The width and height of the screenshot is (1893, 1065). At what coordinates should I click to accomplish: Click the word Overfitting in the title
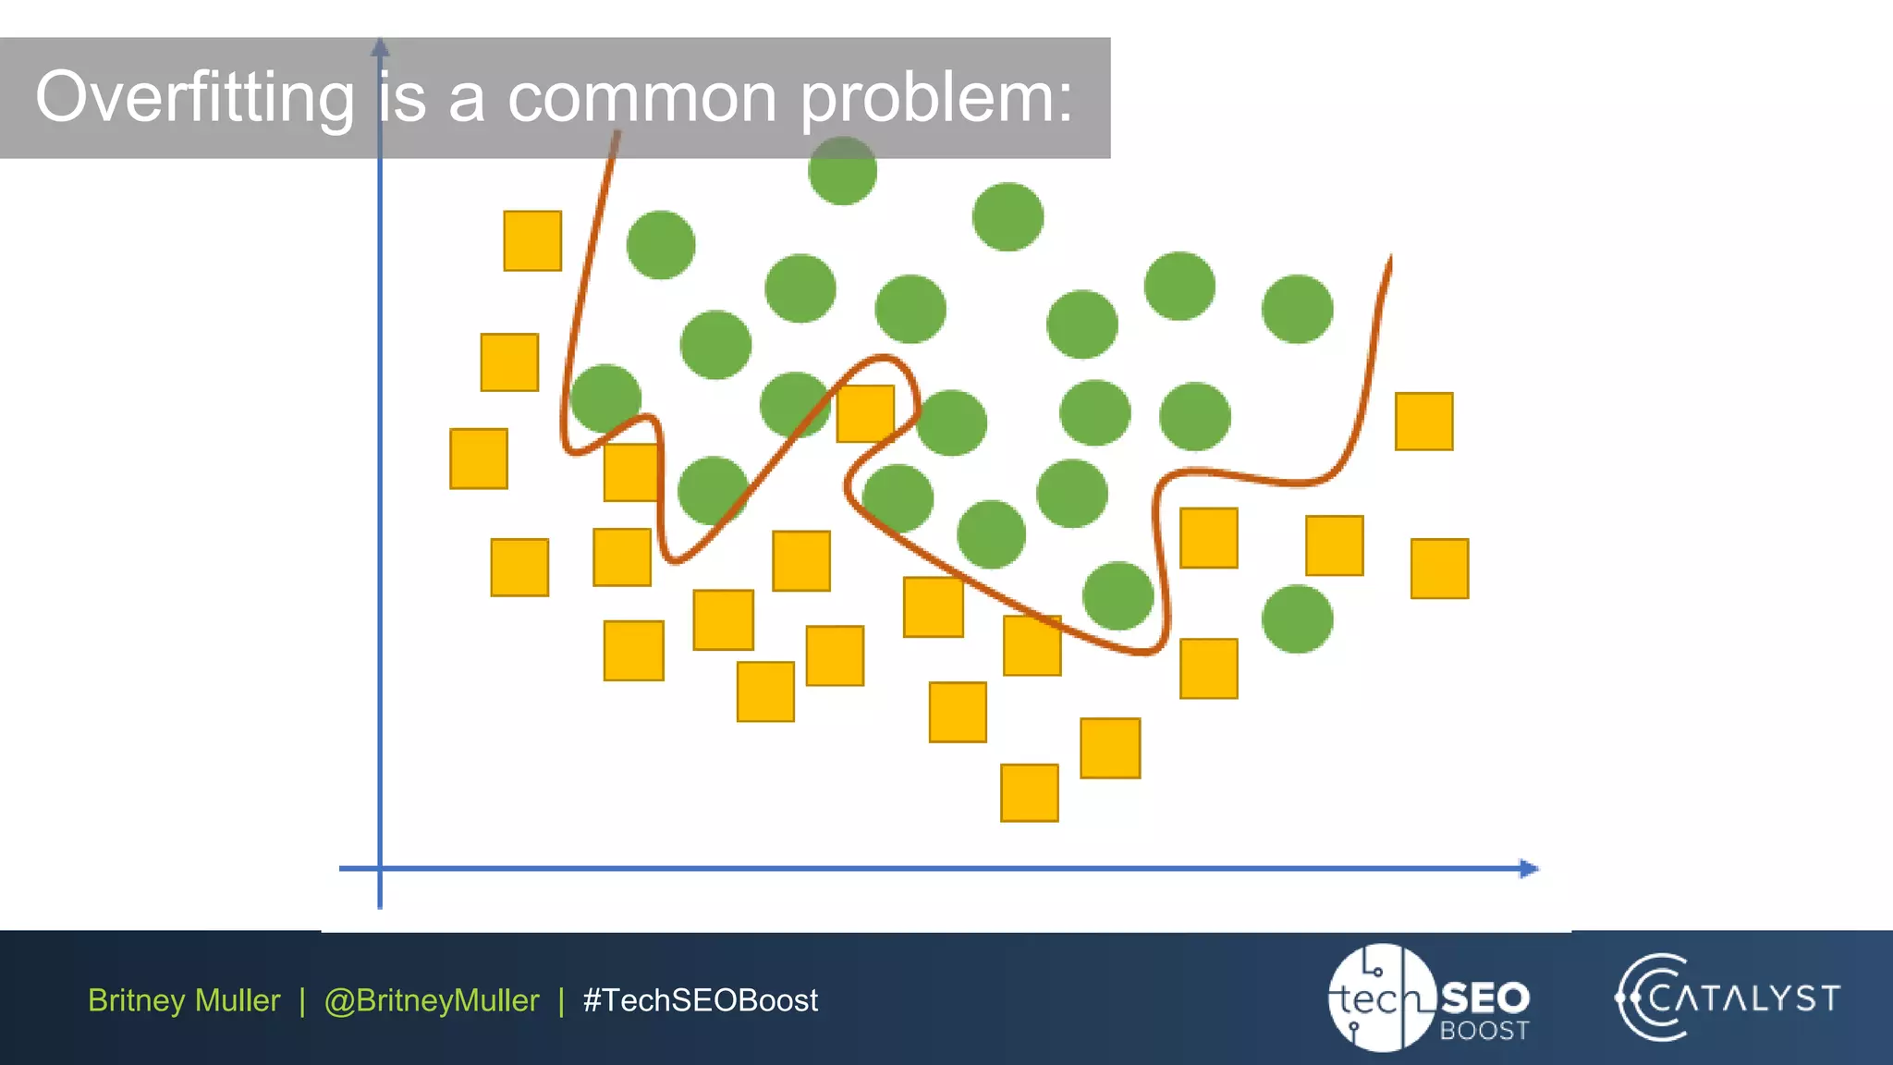point(194,98)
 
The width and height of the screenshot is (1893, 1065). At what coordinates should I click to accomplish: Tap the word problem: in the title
point(935,98)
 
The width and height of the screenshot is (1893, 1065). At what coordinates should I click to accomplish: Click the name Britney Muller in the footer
point(184,1000)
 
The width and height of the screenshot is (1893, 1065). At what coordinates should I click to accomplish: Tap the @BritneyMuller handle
point(431,1000)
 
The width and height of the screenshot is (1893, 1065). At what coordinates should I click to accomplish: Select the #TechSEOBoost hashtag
point(700,1000)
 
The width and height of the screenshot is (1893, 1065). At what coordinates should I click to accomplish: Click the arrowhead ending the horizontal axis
point(1530,868)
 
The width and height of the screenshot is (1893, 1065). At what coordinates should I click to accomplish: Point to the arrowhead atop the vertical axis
point(380,46)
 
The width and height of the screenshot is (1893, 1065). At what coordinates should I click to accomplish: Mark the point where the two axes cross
point(380,868)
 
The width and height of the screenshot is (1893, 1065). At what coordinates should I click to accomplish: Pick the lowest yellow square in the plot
point(1029,792)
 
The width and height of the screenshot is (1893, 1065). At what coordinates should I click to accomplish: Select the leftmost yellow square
point(479,459)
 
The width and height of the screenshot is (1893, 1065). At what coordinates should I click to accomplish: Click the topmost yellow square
point(532,241)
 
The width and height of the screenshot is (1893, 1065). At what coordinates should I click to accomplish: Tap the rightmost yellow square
point(1439,569)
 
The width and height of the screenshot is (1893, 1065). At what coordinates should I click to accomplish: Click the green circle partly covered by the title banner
point(842,171)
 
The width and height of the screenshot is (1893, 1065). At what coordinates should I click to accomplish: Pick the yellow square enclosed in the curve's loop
point(865,413)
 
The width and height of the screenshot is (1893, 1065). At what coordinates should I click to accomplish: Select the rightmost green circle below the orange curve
point(1297,618)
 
